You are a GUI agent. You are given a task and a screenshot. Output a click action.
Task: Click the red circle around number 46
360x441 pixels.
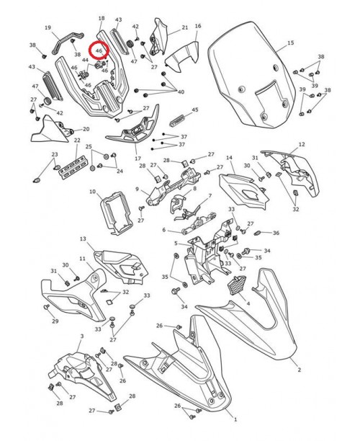point(97,51)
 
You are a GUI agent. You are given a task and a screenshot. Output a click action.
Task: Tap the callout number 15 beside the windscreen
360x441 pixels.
point(291,44)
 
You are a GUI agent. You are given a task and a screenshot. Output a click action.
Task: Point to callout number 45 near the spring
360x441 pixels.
point(194,110)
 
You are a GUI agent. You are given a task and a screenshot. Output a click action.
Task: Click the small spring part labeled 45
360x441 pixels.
point(178,115)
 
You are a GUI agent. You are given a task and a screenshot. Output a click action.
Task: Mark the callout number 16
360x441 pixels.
point(198,27)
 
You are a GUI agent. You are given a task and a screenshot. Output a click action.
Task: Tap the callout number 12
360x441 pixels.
point(302,145)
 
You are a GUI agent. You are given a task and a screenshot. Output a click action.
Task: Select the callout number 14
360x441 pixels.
point(230,158)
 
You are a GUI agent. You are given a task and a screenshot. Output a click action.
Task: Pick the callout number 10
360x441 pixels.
point(93,192)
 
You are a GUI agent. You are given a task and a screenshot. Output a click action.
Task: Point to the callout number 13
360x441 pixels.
point(83,239)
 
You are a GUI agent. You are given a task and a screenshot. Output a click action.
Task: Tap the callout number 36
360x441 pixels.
point(276,233)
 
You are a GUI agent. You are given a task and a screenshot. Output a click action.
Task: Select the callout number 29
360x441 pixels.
point(55,321)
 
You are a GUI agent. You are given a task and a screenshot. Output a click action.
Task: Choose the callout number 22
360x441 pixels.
point(76,141)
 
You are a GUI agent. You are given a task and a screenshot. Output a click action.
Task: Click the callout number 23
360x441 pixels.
point(54,155)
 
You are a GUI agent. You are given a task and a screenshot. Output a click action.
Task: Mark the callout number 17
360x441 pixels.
point(138,158)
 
